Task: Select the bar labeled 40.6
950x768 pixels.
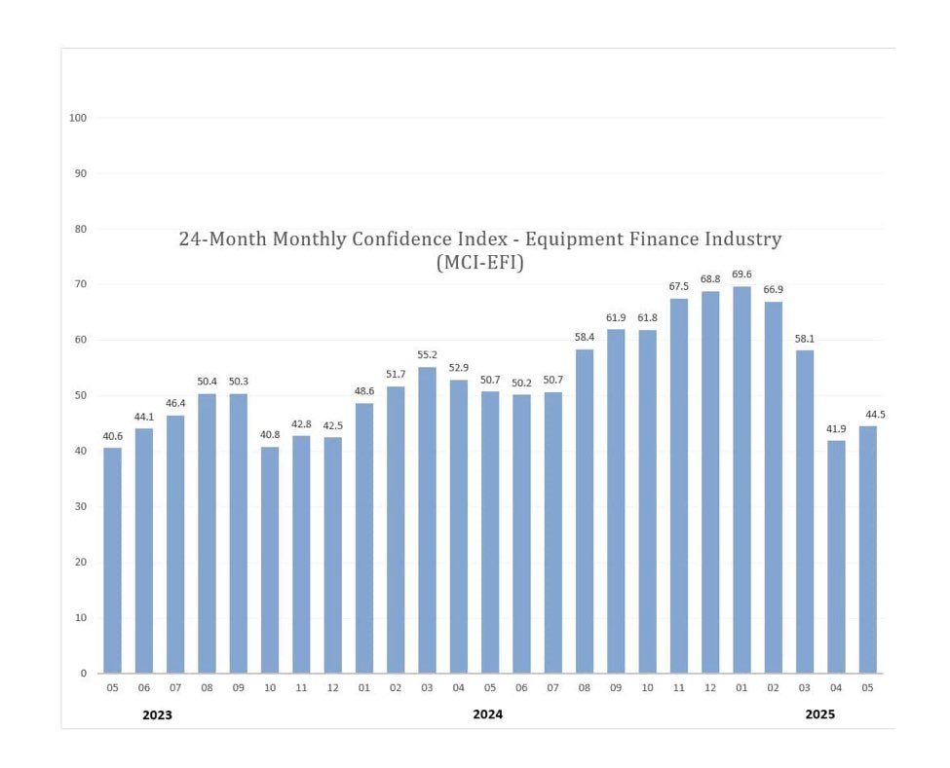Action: (x=113, y=560)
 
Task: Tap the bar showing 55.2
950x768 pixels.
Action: (x=428, y=520)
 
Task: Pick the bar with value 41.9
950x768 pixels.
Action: (x=836, y=556)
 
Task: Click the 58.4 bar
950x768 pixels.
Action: (x=585, y=511)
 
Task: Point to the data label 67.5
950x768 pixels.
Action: (x=679, y=286)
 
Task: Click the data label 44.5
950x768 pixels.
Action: (x=867, y=415)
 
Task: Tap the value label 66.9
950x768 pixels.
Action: (x=773, y=290)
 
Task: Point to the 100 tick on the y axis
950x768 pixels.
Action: (x=78, y=118)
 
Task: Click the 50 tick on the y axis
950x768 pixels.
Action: (x=81, y=396)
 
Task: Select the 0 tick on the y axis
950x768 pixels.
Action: (x=84, y=674)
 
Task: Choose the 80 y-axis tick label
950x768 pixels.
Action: (x=81, y=230)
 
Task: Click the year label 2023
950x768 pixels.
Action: (x=157, y=715)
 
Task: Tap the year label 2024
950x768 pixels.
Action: (x=488, y=714)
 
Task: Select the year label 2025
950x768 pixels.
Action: (x=819, y=714)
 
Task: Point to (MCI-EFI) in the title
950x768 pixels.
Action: (x=480, y=262)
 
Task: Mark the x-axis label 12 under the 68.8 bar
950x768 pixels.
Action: (x=710, y=688)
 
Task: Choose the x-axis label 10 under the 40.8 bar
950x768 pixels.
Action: (x=270, y=688)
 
